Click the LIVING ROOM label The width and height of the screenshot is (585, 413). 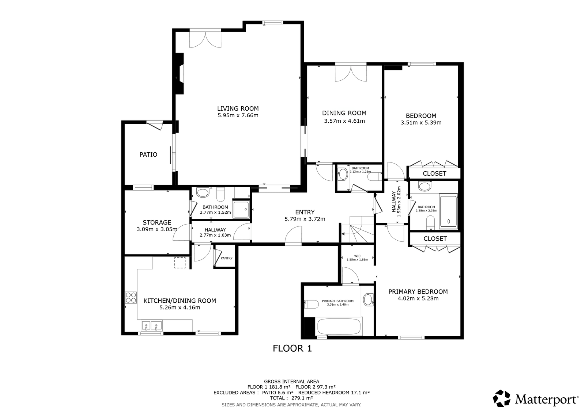238,108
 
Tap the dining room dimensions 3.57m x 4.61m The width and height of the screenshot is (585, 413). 344,121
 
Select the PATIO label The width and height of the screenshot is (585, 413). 148,155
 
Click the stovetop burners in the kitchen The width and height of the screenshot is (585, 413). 131,297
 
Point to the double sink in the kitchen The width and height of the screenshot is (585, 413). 152,325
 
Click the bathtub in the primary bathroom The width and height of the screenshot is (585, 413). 339,326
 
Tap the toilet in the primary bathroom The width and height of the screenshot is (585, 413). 312,305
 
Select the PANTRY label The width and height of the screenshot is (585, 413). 226,258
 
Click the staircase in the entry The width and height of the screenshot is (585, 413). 357,229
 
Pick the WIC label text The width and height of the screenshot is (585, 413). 357,256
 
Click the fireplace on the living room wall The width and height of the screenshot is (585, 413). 180,73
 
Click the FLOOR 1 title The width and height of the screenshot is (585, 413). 292,349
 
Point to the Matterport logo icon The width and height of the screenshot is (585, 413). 501,399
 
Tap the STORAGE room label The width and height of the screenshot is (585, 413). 157,222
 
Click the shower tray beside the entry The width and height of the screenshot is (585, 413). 241,210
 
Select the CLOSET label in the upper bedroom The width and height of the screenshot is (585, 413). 435,173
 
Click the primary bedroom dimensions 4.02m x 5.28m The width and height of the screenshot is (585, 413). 418,298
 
